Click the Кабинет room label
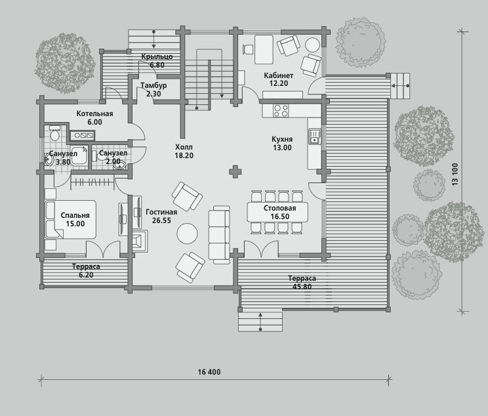tap(279, 75)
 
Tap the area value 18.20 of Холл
tap(184, 156)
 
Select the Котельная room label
tap(94, 114)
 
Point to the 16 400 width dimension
tap(209, 372)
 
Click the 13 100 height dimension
tap(455, 175)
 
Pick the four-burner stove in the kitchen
tap(281, 110)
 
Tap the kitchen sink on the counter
tap(315, 136)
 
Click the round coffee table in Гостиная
tap(187, 233)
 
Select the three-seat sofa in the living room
tap(219, 235)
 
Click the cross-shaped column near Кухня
tap(235, 171)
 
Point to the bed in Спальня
tap(71, 220)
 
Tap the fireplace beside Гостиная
tap(140, 240)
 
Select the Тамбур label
tap(153, 85)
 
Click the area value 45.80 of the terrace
tap(302, 287)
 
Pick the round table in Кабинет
tap(312, 45)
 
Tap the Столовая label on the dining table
tap(280, 208)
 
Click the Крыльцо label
tap(157, 56)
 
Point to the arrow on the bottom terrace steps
tap(260, 321)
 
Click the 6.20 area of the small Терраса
tap(86, 275)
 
